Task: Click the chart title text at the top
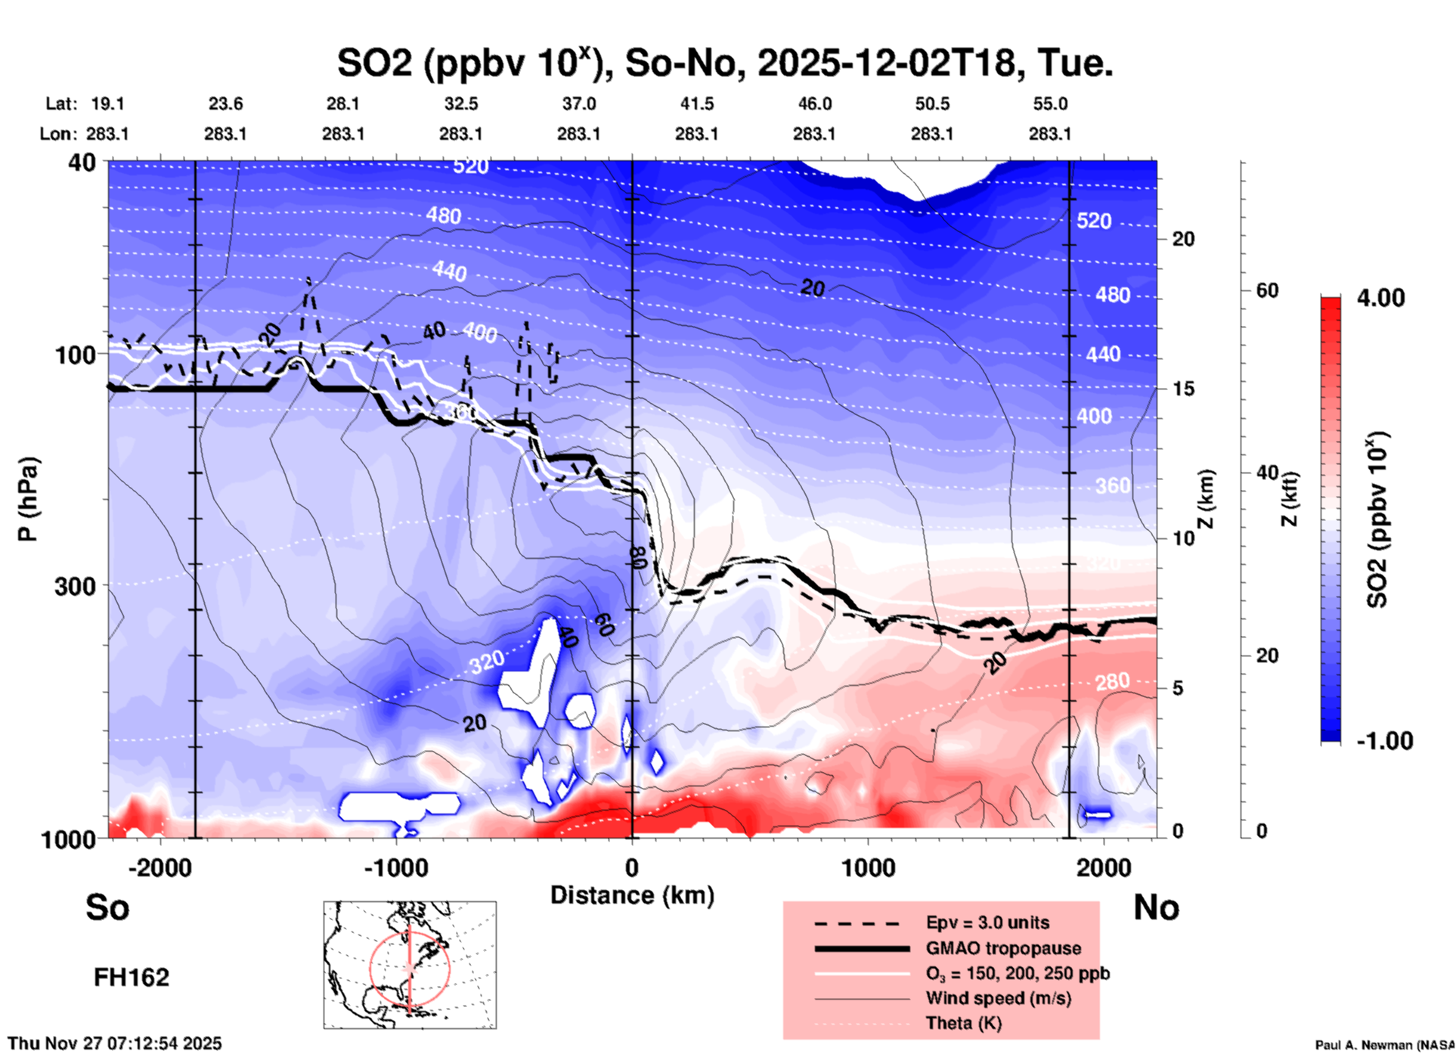click(x=724, y=64)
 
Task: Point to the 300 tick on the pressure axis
click(x=75, y=586)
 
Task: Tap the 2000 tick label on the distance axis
click(x=1104, y=867)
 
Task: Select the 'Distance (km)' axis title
click(x=632, y=895)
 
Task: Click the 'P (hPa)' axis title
click(x=28, y=499)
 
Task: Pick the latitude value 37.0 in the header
click(x=578, y=104)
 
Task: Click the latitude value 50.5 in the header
click(x=932, y=104)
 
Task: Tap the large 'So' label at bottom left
click(x=107, y=907)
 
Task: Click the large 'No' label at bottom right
click(x=1156, y=907)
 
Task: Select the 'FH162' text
click(x=132, y=978)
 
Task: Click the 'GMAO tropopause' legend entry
click(x=1003, y=948)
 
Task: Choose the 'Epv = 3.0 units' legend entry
click(x=987, y=922)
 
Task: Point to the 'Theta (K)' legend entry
click(x=964, y=1023)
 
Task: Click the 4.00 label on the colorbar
click(x=1380, y=298)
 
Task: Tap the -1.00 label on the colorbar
click(x=1384, y=740)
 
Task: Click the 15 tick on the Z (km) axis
click(x=1183, y=389)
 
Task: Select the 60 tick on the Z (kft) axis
click(x=1267, y=290)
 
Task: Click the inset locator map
click(x=410, y=965)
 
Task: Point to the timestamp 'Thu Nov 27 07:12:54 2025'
click(x=115, y=1043)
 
